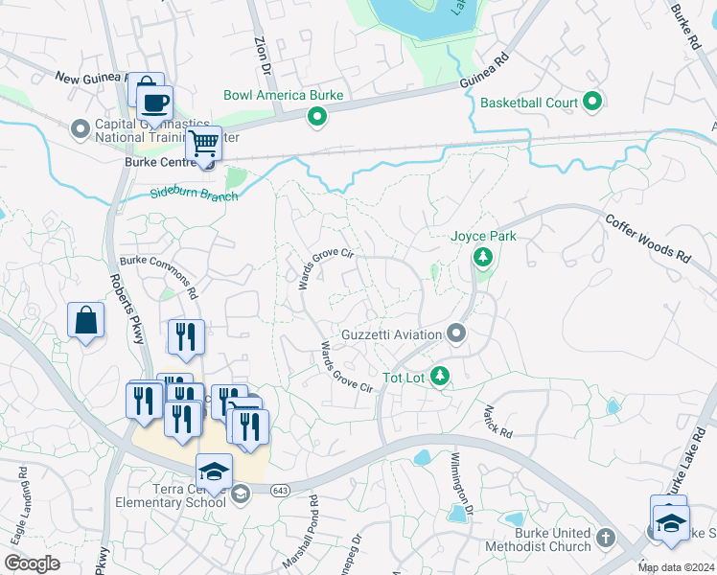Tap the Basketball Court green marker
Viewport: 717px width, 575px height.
591,102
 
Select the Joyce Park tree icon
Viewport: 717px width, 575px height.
483,257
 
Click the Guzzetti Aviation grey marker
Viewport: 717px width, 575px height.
456,334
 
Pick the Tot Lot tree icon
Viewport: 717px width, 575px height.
440,377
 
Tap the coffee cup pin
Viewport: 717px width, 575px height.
153,103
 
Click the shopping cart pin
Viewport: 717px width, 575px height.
202,144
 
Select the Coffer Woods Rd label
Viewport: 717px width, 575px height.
647,239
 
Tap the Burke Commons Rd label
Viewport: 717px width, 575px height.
158,277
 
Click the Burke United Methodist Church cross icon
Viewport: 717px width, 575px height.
605,538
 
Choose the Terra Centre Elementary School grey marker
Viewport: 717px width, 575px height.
241,494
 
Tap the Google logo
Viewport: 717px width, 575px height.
33,563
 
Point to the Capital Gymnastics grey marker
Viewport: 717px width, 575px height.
79,126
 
